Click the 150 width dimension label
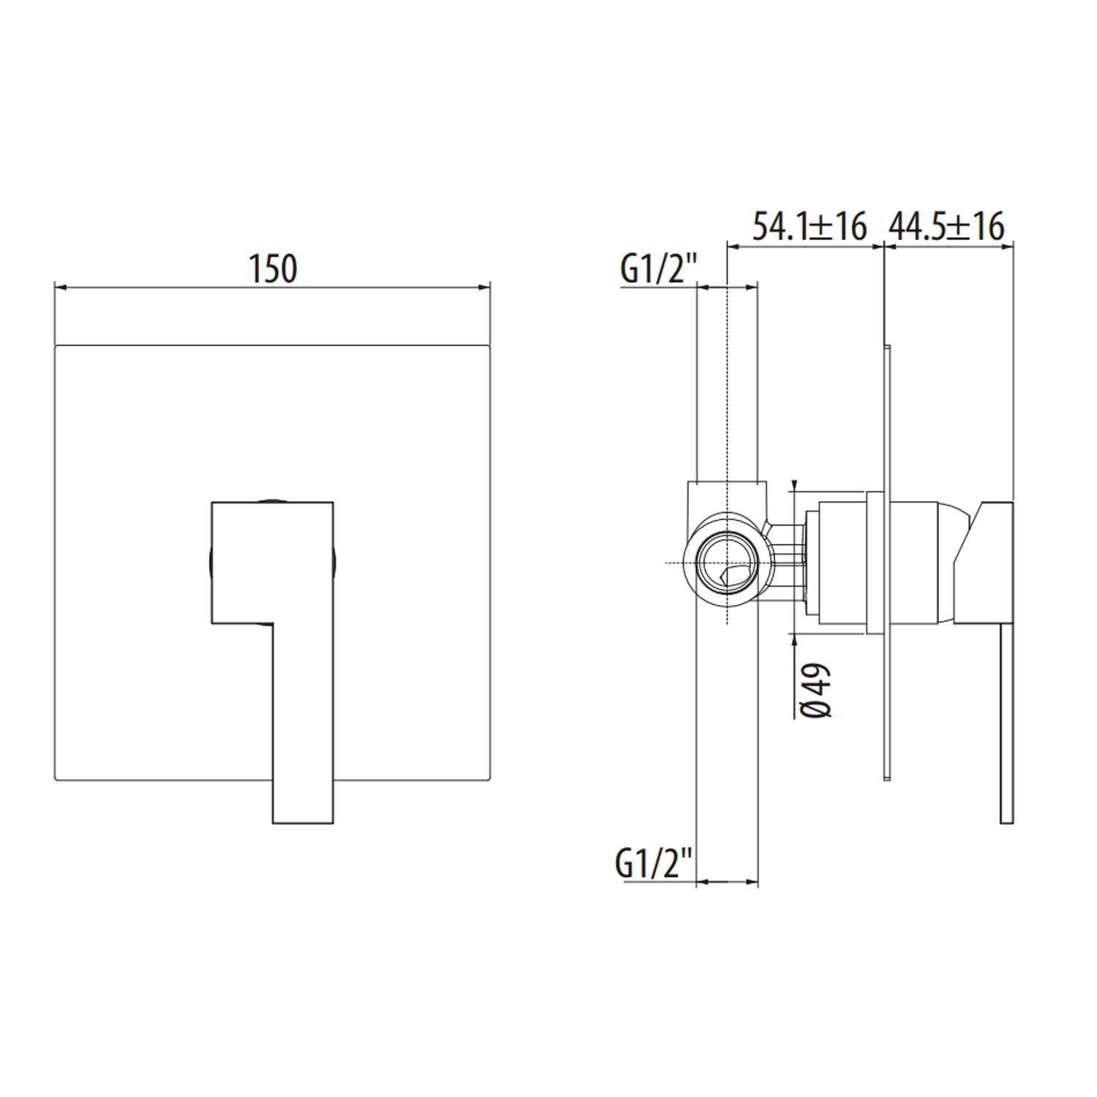click(274, 269)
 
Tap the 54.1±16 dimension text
click(810, 227)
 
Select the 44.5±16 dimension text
click(946, 227)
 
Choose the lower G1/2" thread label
click(654, 863)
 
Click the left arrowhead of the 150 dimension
click(61, 287)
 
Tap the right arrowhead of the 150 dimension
click(483, 287)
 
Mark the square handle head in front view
click(272, 562)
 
